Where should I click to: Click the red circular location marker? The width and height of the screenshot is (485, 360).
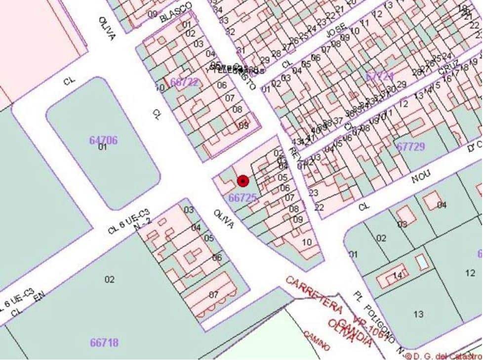(x=242, y=181)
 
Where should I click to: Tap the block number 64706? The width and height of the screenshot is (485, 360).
(x=104, y=140)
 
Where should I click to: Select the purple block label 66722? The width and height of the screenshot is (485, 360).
(x=185, y=82)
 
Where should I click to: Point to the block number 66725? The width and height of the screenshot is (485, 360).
(x=243, y=198)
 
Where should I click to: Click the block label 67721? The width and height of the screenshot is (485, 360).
(x=380, y=77)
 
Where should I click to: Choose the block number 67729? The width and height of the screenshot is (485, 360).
(x=410, y=146)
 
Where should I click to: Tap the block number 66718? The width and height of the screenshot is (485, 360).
(x=104, y=342)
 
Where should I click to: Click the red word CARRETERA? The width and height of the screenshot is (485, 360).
(x=314, y=294)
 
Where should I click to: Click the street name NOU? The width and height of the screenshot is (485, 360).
(x=423, y=175)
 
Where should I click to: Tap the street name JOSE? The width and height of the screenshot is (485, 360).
(x=336, y=33)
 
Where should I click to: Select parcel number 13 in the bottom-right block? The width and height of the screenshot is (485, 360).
(x=418, y=314)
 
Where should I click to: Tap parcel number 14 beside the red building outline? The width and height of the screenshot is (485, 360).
(x=398, y=276)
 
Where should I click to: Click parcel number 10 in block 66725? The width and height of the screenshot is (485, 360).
(x=307, y=242)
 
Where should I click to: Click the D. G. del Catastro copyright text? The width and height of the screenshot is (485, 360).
(x=443, y=356)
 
